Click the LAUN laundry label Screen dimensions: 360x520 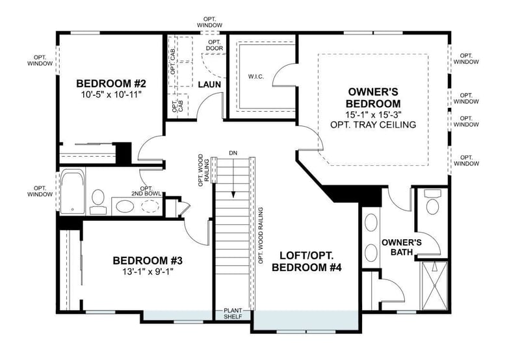(208, 84)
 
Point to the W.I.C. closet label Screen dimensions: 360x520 (256, 76)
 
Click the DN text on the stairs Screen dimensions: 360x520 (233, 154)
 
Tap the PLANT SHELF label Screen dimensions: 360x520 (233, 313)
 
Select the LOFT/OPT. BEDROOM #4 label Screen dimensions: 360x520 (307, 261)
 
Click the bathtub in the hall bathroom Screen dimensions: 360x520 (72, 193)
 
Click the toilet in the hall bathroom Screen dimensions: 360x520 (98, 199)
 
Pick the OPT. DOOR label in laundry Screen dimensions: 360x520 (214, 44)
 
